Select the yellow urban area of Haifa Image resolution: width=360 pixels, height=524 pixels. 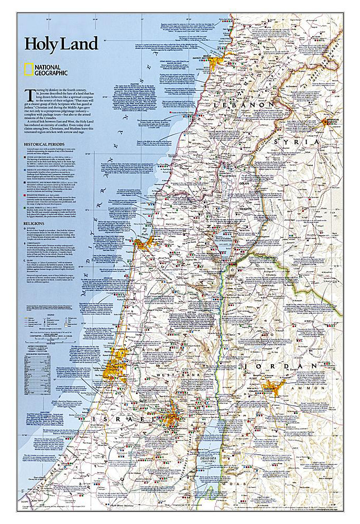(x=144, y=242)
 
